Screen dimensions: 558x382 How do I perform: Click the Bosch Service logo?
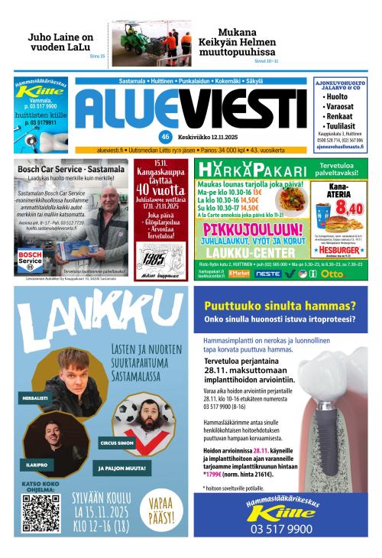tap(32, 258)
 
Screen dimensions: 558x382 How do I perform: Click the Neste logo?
tap(267, 273)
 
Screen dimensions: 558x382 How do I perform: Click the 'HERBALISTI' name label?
tap(35, 398)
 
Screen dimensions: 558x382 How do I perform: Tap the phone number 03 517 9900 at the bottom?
tap(280, 528)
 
